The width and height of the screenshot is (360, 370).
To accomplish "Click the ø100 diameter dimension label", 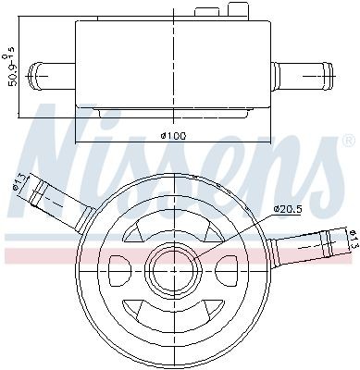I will tap(173, 136).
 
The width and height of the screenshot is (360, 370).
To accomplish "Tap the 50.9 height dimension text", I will tap(10, 69).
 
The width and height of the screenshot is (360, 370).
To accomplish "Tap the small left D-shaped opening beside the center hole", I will tap(120, 271).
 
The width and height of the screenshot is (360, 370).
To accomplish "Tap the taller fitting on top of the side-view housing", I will tap(239, 8).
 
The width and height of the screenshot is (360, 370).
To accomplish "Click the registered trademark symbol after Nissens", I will tap(347, 142).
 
